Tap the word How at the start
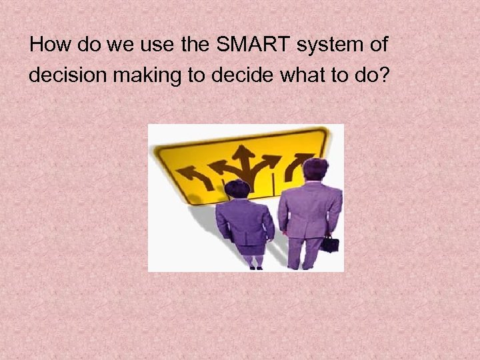tap(46, 45)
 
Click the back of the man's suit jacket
tap(309, 210)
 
